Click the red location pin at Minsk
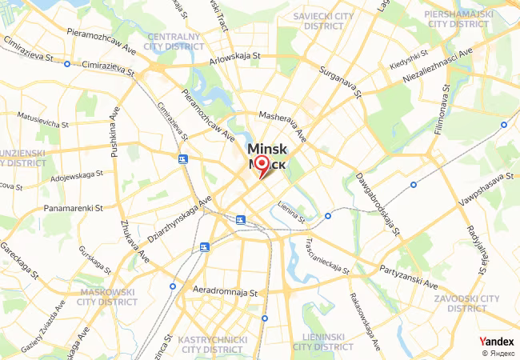pos(261,165)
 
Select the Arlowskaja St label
pos(235,57)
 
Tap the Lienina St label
pos(292,213)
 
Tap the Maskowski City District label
pos(106,297)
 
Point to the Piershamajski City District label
pos(468,19)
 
